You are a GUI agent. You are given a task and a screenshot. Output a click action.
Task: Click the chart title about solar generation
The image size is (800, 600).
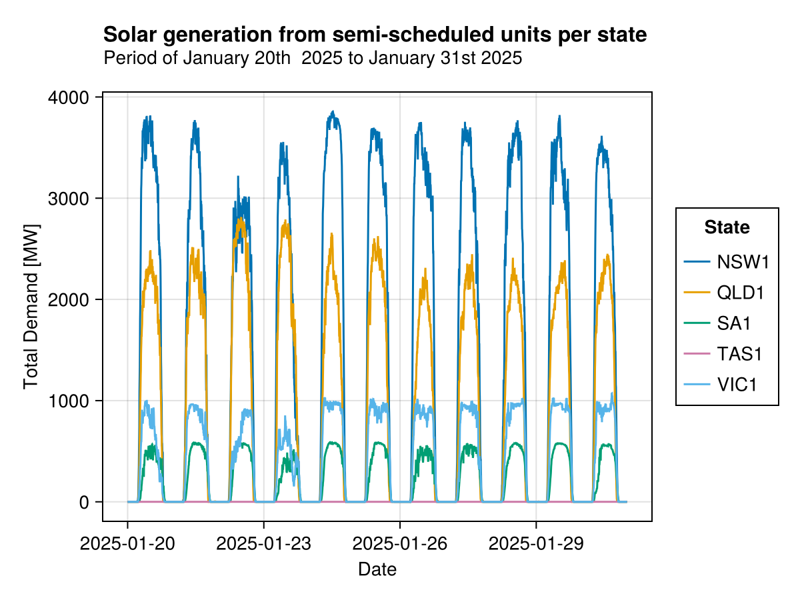pos(375,35)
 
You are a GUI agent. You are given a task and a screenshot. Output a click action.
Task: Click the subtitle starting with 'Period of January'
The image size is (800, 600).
pos(313,59)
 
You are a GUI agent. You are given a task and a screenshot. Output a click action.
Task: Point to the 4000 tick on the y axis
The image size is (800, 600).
pos(69,97)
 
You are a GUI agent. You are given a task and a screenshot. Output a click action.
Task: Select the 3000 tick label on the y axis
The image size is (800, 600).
pos(69,199)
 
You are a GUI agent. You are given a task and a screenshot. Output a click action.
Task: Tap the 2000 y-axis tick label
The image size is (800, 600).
pos(69,299)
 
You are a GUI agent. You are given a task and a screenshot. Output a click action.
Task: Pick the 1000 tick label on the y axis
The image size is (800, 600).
pos(69,401)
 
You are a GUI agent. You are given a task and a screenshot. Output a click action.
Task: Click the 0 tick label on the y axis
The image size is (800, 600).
pos(84,502)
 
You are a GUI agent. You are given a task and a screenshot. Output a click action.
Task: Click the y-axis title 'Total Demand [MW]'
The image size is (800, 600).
pos(31,307)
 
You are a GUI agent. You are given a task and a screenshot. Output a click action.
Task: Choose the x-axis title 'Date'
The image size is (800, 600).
pos(377,569)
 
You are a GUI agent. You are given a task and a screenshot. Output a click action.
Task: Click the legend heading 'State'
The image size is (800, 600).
pos(727,228)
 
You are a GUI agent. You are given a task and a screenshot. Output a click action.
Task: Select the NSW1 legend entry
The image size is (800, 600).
pos(743,262)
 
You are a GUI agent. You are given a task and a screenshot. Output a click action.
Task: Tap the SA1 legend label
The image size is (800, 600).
pos(734,323)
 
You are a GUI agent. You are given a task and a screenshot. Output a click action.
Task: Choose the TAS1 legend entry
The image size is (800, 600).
pos(739,354)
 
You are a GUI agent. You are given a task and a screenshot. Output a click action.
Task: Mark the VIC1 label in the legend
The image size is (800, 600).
pos(737,385)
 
